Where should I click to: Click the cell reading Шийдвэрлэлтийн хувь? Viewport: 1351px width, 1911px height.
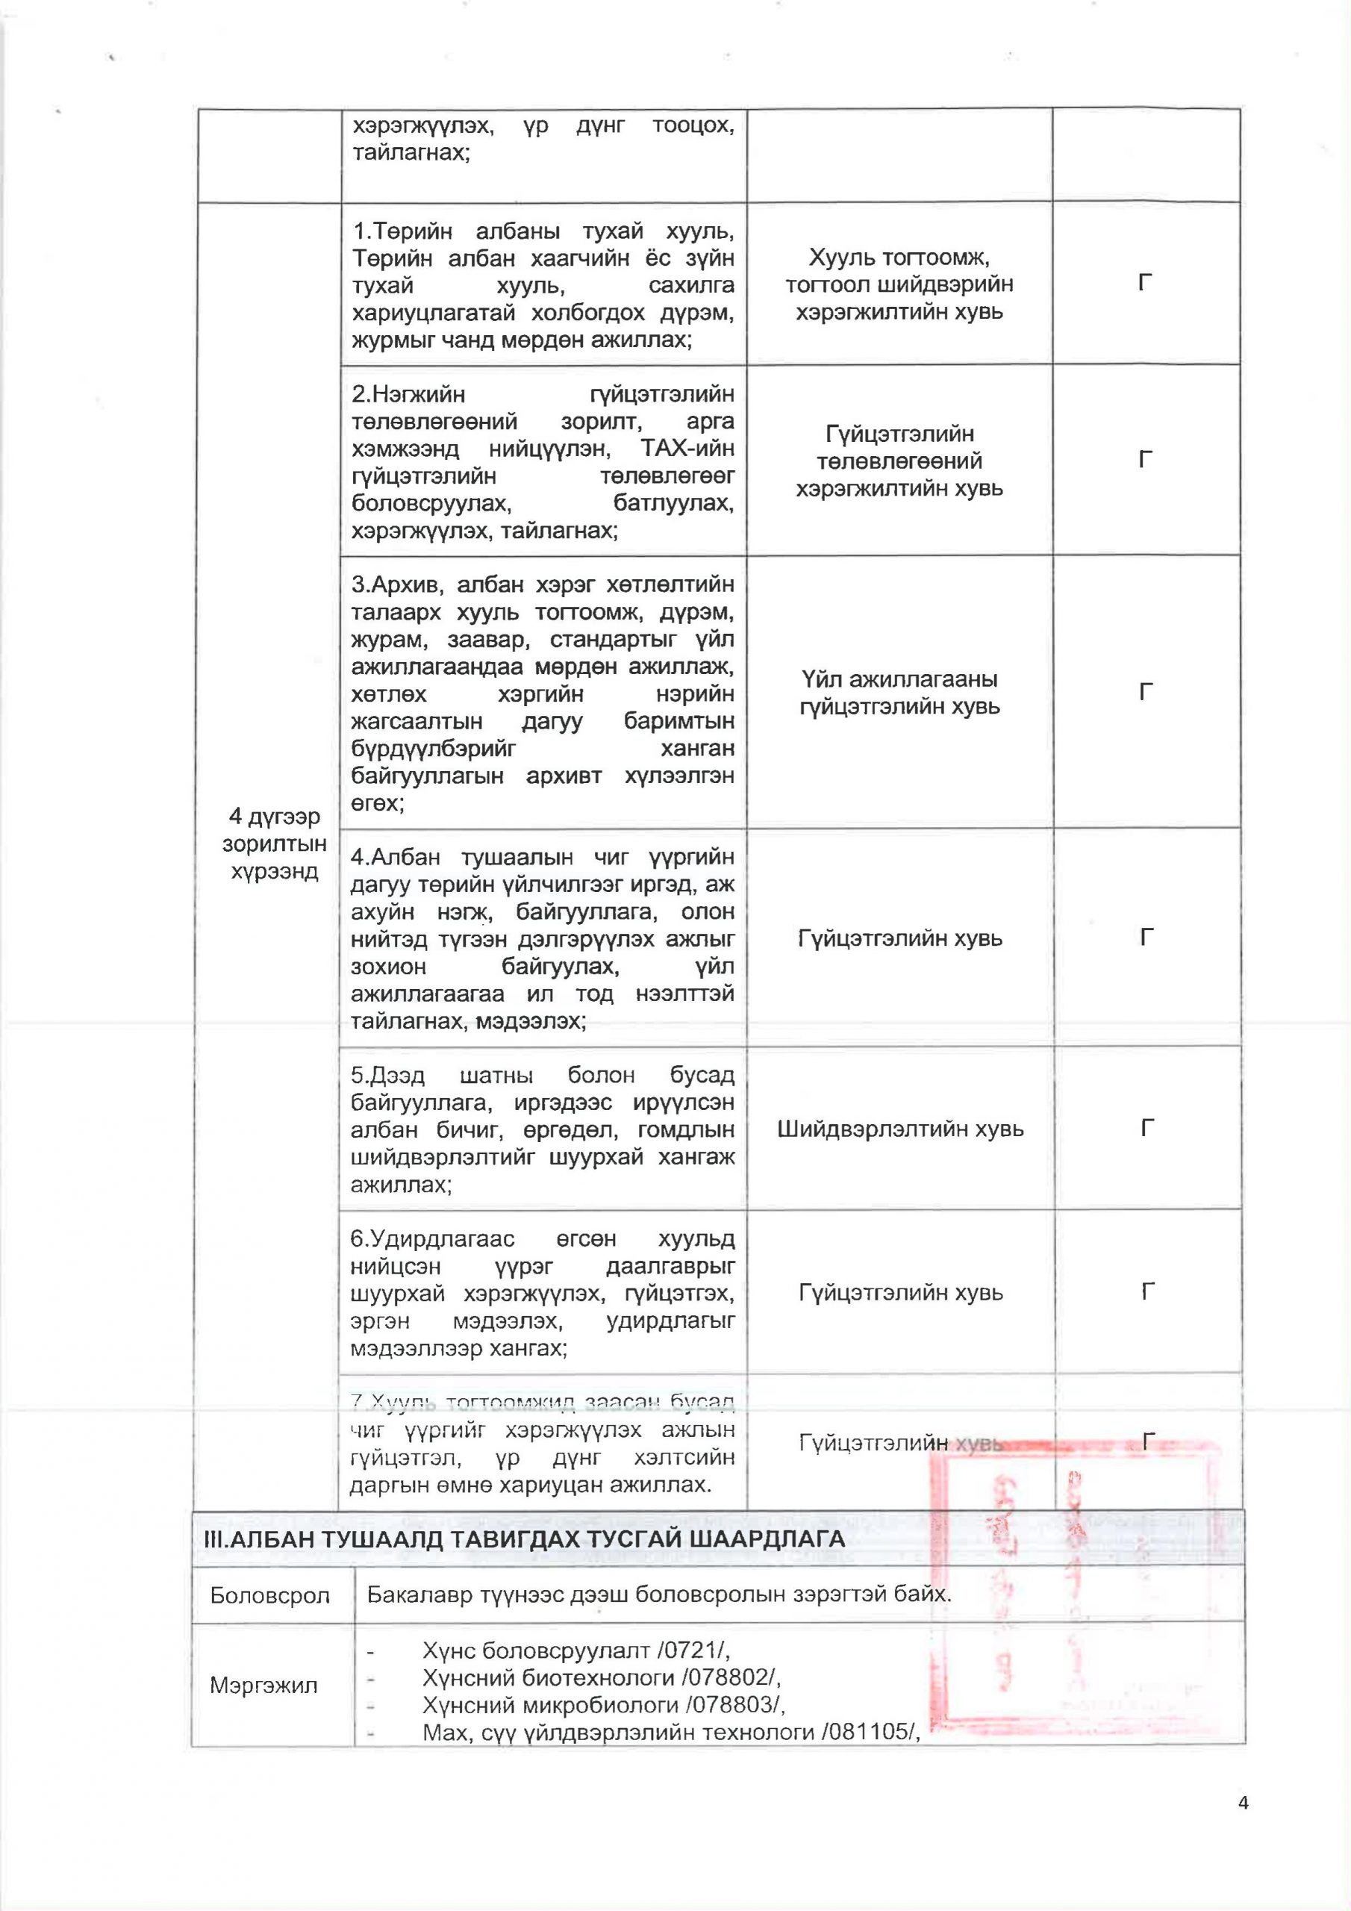(x=900, y=1129)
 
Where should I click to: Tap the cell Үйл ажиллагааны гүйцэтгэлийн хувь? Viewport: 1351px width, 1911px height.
(x=900, y=693)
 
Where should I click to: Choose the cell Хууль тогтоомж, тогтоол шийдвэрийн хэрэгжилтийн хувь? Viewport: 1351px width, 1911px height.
(x=900, y=284)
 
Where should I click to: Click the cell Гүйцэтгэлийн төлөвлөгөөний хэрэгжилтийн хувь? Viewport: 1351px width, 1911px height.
(x=900, y=461)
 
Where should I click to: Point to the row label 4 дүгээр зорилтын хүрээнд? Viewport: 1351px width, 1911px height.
(x=274, y=843)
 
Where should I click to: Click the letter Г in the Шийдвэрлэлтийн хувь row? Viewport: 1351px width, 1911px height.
(x=1147, y=1129)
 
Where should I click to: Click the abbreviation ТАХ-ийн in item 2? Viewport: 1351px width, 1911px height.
(x=688, y=449)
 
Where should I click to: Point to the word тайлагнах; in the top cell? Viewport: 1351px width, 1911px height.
(x=411, y=153)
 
